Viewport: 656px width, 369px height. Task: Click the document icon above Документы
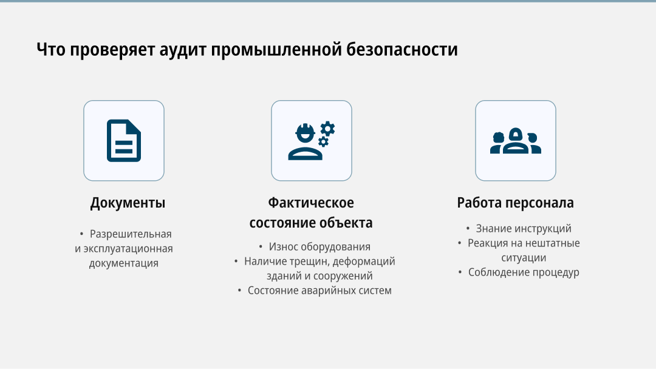point(124,140)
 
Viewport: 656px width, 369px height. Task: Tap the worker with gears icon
point(311,141)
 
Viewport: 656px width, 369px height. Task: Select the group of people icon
point(516,141)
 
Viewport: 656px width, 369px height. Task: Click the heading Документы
point(128,203)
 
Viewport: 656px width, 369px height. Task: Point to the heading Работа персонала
point(516,203)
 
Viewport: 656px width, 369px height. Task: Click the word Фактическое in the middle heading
point(311,203)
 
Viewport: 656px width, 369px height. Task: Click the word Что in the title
point(51,49)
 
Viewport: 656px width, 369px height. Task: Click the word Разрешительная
point(131,234)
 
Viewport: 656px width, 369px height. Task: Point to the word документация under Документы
point(124,263)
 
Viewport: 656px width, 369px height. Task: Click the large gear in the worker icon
point(327,129)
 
